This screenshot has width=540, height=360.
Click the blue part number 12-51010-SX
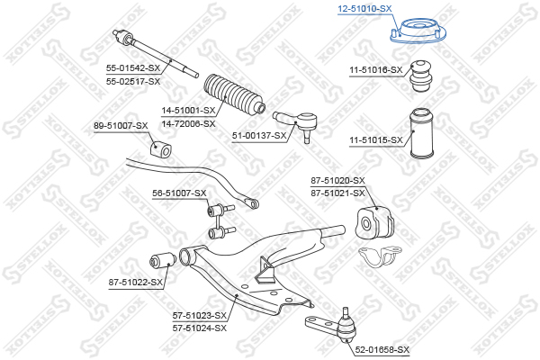coord(364,9)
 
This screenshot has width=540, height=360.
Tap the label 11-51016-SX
coord(375,70)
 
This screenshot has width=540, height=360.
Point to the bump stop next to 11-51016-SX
coord(421,76)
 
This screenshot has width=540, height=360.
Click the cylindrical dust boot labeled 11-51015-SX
coord(421,133)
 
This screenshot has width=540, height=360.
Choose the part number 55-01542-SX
coord(133,67)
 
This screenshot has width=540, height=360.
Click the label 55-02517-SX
coord(133,82)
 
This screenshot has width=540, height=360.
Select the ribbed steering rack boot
coord(234,94)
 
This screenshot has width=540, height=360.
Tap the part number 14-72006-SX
coord(188,123)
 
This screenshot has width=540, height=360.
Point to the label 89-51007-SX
coord(121,126)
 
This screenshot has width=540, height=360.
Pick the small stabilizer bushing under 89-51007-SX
coord(160,149)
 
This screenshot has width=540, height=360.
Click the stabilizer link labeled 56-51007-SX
coord(220,221)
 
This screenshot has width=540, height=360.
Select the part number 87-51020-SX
coord(337,180)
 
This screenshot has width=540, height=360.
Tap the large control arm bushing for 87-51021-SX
coord(374,222)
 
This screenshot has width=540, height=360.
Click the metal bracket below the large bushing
coord(380,256)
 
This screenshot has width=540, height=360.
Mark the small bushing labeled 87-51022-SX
coord(163,261)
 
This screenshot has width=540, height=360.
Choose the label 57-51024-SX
coord(200,328)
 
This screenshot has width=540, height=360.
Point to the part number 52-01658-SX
coord(382,350)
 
